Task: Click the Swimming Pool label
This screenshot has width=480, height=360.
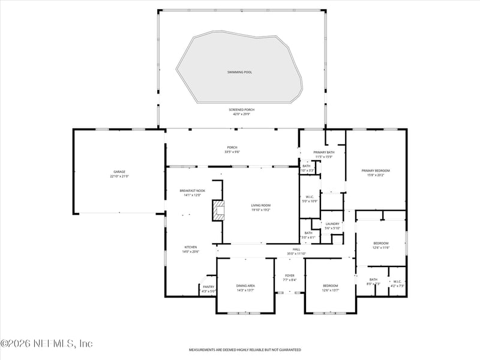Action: pyautogui.click(x=239, y=72)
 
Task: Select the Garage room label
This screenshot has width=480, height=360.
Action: pyautogui.click(x=119, y=172)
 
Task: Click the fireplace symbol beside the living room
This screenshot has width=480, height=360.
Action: pyautogui.click(x=219, y=211)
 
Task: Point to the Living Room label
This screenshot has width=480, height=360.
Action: pyautogui.click(x=261, y=206)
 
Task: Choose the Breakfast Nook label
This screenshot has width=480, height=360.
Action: pyautogui.click(x=192, y=191)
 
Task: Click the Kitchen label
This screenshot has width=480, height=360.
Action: pyautogui.click(x=191, y=247)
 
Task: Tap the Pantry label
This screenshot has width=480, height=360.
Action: pyautogui.click(x=208, y=287)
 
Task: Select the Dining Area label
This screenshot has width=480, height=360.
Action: pyautogui.click(x=245, y=286)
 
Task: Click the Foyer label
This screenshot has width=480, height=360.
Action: pyautogui.click(x=289, y=276)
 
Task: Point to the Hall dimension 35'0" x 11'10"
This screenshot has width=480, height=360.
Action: pyautogui.click(x=296, y=254)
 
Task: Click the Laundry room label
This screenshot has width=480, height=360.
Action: pyautogui.click(x=332, y=224)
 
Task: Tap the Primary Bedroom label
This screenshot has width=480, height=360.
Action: pyautogui.click(x=376, y=171)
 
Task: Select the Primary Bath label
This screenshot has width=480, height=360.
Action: pyautogui.click(x=324, y=152)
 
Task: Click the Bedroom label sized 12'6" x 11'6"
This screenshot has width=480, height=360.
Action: pyautogui.click(x=381, y=243)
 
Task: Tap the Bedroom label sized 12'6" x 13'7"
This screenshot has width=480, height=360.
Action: pyautogui.click(x=331, y=286)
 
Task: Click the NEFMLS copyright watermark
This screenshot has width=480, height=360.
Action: pyautogui.click(x=47, y=344)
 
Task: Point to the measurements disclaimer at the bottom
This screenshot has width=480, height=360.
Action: pyautogui.click(x=245, y=349)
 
